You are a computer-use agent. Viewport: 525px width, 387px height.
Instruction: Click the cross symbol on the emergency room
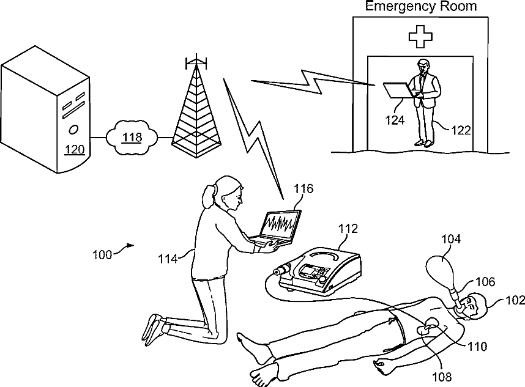(x=420, y=37)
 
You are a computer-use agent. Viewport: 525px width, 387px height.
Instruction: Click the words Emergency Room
(x=420, y=7)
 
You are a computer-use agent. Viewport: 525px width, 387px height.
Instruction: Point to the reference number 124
(x=395, y=120)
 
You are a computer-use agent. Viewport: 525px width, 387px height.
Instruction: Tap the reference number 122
(x=461, y=130)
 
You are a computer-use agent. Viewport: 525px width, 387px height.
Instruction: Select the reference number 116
(x=303, y=188)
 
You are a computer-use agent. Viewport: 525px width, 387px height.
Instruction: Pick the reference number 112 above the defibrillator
(x=348, y=229)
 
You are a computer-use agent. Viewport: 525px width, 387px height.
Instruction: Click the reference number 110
(x=477, y=347)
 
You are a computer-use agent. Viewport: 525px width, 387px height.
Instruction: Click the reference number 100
(x=102, y=254)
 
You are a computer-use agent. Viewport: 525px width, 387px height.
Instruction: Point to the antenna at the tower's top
(x=195, y=62)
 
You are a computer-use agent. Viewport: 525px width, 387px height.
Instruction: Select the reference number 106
(x=483, y=282)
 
